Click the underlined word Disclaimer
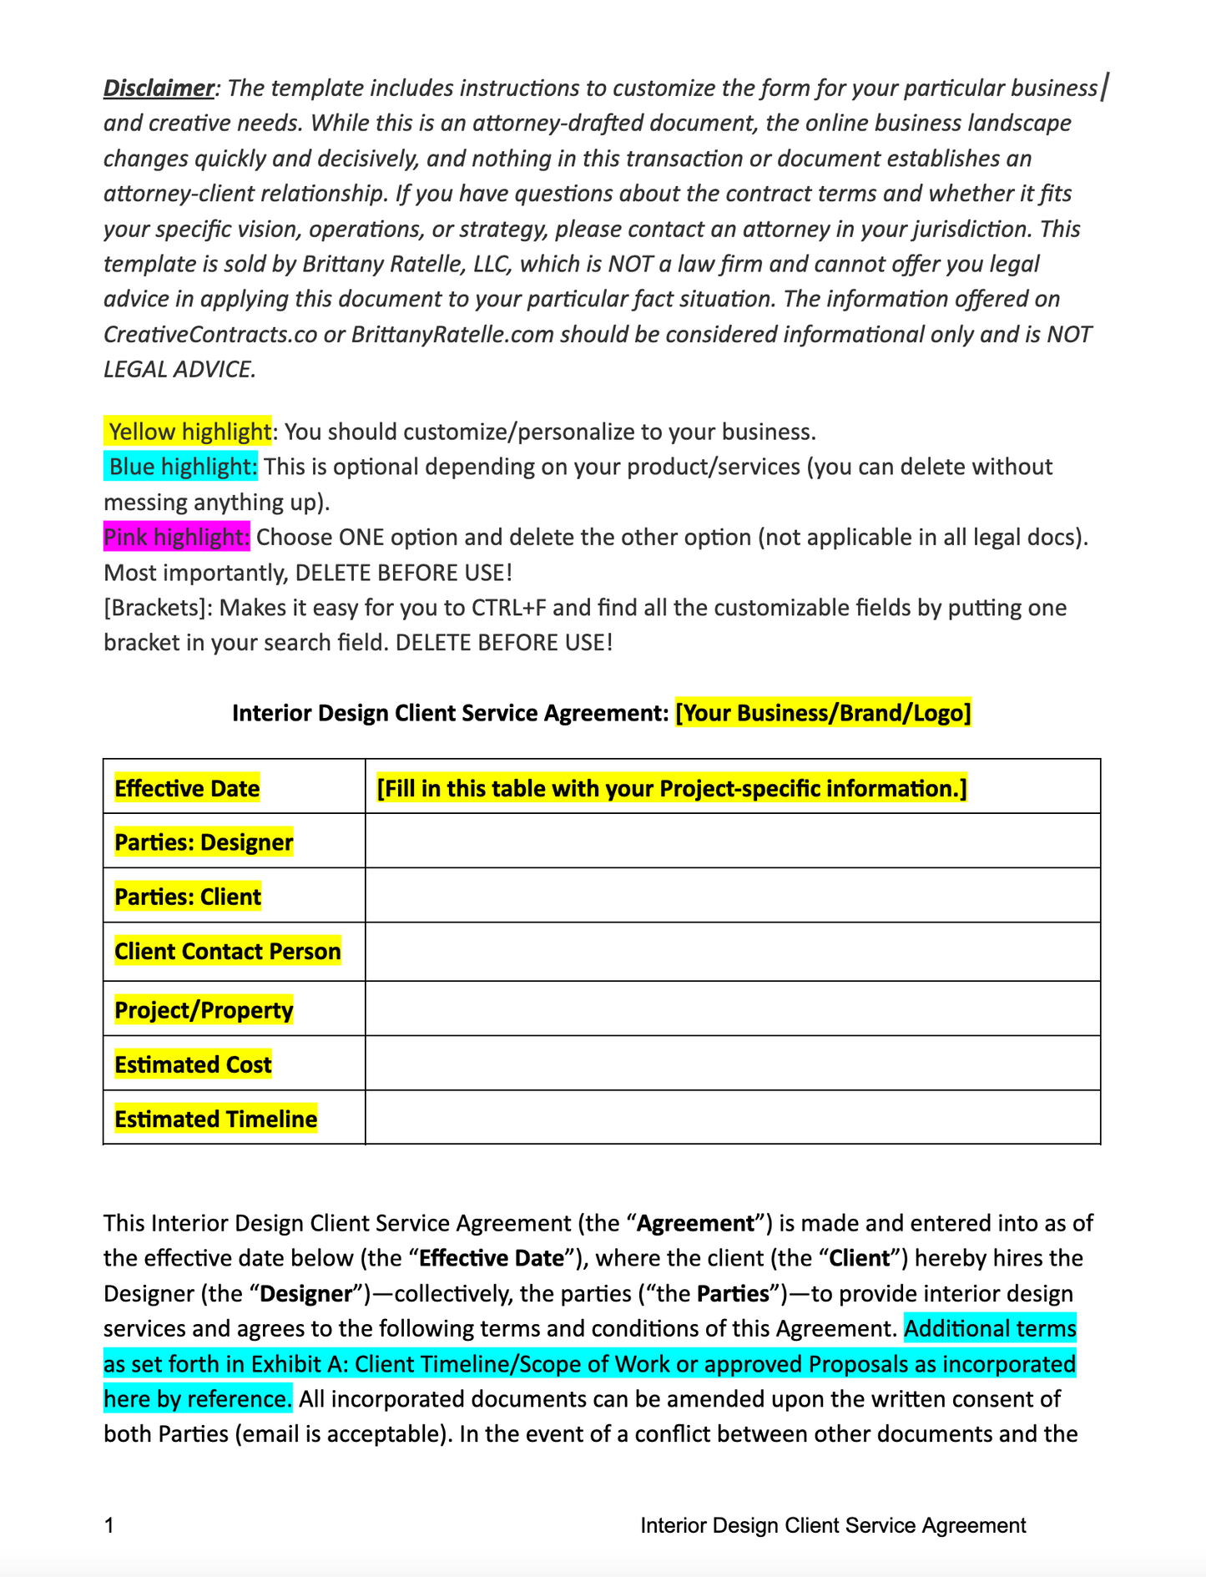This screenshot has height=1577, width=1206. click(x=159, y=88)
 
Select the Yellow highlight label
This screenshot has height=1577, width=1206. click(x=189, y=432)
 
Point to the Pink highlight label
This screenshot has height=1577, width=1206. click(x=177, y=537)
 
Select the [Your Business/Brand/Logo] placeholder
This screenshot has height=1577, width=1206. click(x=823, y=713)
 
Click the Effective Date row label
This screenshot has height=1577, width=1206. click(x=187, y=788)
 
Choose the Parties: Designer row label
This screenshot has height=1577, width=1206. click(x=204, y=842)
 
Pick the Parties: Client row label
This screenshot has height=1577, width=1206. click(x=188, y=897)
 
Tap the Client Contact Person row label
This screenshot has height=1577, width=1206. click(x=228, y=952)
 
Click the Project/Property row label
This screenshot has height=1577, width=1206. click(x=204, y=1010)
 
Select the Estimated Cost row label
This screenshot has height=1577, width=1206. click(x=193, y=1064)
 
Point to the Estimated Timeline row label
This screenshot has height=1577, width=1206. click(x=215, y=1119)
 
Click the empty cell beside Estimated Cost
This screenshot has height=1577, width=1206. click(x=732, y=1064)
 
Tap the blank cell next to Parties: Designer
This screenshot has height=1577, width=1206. click(x=732, y=842)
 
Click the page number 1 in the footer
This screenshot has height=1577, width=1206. click(x=108, y=1525)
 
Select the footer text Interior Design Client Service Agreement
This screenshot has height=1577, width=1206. click(x=833, y=1525)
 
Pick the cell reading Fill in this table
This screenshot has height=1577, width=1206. click(x=672, y=788)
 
